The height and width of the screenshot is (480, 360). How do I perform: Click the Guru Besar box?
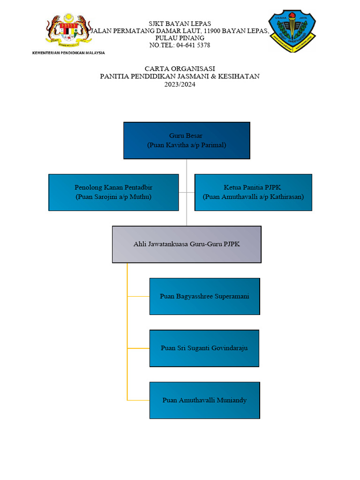click(187, 140)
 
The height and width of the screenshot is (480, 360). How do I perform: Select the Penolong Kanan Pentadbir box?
click(113, 192)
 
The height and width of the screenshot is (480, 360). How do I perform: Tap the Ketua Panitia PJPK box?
click(253, 192)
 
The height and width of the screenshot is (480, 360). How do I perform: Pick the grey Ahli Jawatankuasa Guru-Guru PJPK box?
click(187, 244)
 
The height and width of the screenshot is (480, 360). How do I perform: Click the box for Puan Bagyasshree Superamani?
click(204, 296)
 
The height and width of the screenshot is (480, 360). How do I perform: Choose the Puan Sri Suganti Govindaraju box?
click(204, 348)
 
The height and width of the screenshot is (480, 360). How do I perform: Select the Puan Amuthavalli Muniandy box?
click(204, 400)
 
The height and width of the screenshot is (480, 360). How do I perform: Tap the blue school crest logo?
click(292, 32)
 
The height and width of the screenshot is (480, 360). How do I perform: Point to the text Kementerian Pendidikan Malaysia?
click(68, 53)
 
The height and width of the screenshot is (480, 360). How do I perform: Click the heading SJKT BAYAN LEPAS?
click(180, 23)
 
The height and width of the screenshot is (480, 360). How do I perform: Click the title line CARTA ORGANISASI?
click(180, 68)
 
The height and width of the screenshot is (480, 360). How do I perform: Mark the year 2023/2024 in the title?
click(180, 85)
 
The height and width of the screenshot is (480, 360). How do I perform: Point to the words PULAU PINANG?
click(180, 38)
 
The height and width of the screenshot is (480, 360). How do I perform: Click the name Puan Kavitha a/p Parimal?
click(187, 145)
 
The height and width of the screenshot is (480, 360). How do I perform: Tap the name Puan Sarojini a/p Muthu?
click(113, 197)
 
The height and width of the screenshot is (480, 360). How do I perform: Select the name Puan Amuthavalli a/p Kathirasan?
click(253, 197)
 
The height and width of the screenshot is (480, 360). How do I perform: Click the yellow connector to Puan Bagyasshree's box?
click(138, 296)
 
